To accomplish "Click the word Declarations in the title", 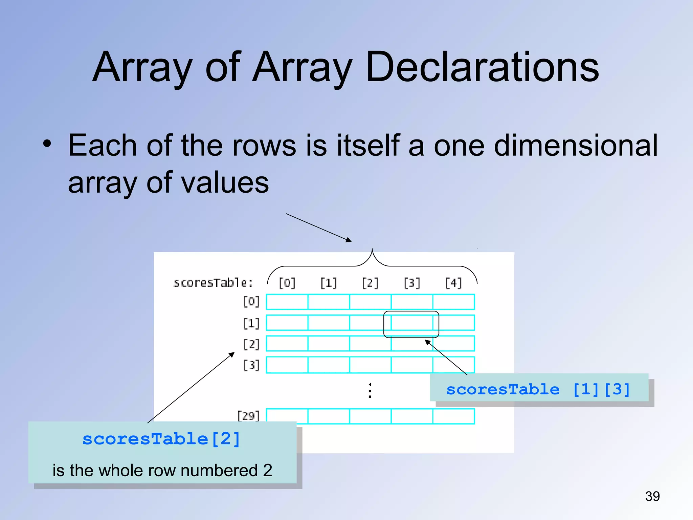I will click(x=482, y=67).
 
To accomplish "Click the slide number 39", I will click(x=652, y=496).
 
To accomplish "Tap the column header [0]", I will click(x=287, y=283).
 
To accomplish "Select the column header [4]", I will click(x=453, y=283).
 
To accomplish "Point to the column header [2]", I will click(x=370, y=283).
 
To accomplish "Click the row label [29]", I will click(x=248, y=415).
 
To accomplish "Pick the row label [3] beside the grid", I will click(x=251, y=365).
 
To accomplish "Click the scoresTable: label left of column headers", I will click(x=213, y=283).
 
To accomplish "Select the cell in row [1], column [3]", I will click(x=412, y=323).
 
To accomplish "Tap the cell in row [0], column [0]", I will click(x=287, y=302).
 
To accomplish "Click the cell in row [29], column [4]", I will click(x=453, y=416).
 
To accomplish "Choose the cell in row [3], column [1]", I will click(x=329, y=365).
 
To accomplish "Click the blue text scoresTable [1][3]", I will click(x=538, y=389).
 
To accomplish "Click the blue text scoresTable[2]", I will click(x=161, y=439).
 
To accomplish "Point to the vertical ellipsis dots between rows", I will click(x=370, y=390).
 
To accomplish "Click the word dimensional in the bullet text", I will click(x=575, y=146).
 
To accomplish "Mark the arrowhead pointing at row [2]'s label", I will click(x=232, y=354).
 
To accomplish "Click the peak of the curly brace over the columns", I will click(x=372, y=250).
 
